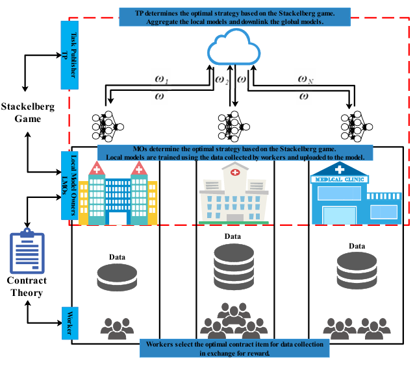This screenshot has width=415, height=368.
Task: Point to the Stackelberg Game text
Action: tap(28, 112)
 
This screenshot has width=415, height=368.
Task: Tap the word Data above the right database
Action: tap(357, 247)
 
